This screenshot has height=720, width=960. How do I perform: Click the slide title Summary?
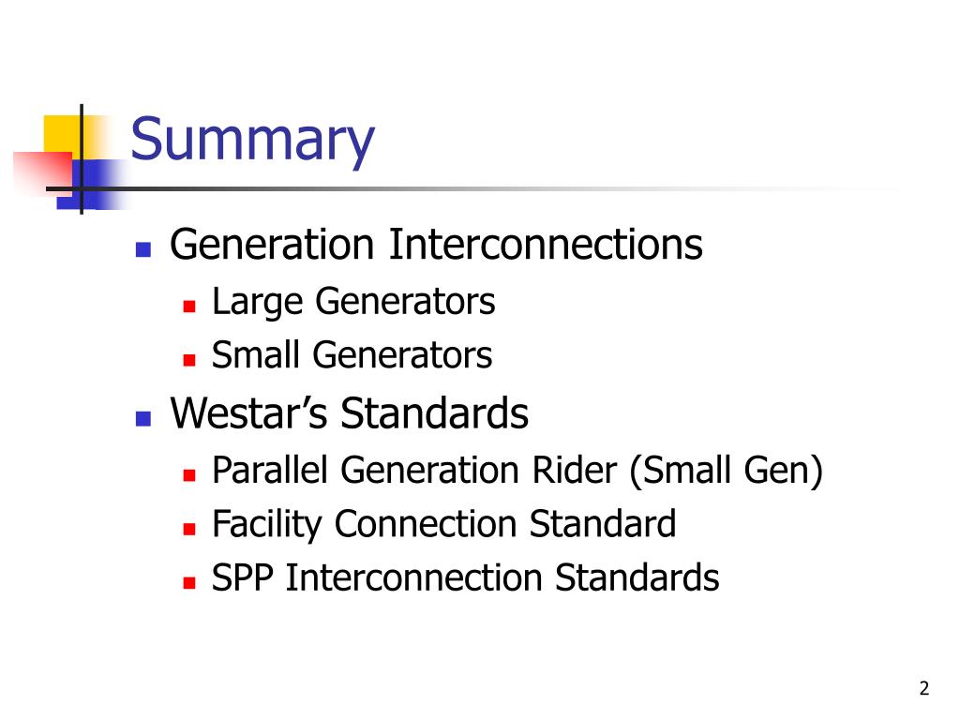252,141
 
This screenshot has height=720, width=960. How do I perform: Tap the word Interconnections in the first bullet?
546,245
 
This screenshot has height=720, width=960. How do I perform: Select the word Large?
258,302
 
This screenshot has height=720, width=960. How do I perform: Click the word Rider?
575,471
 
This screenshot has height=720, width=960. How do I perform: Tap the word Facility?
266,525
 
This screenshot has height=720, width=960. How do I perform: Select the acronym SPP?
243,577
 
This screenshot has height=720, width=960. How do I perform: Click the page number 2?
923,688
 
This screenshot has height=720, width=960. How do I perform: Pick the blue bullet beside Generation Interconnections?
143,249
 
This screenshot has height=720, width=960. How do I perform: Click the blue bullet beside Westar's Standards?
143,418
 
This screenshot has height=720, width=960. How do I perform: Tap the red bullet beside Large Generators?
189,307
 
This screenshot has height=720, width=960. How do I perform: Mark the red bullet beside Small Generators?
189,359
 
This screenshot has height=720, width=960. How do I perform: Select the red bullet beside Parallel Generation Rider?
189,474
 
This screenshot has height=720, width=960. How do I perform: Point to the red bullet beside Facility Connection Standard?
189,529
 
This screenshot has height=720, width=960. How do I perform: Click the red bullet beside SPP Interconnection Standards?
189,582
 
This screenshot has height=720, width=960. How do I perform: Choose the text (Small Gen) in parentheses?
727,471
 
